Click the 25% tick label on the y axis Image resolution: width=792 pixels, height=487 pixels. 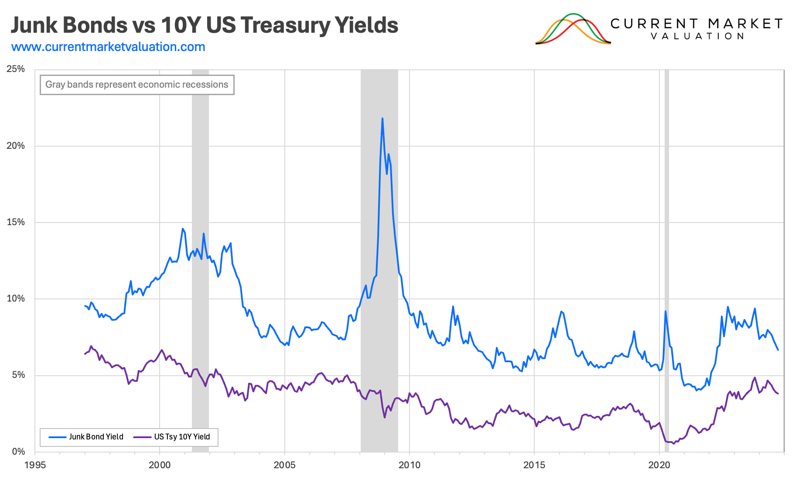16,69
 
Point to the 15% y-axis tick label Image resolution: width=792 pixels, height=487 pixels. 16,222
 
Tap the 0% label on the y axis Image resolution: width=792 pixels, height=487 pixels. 18,452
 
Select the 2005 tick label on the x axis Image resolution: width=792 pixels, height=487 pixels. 284,465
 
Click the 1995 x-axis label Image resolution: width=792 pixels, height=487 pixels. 35,465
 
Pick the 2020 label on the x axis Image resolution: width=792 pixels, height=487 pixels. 659,465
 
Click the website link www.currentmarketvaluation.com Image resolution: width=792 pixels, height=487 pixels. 108,47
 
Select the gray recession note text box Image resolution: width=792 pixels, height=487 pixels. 137,85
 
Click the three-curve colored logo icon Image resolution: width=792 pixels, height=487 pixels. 573,29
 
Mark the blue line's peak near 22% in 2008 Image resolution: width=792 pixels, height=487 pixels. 382,118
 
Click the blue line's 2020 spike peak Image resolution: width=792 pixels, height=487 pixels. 666,311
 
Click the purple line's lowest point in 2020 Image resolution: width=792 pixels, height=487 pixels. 673,444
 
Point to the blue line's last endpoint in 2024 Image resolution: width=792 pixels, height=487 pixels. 778,350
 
